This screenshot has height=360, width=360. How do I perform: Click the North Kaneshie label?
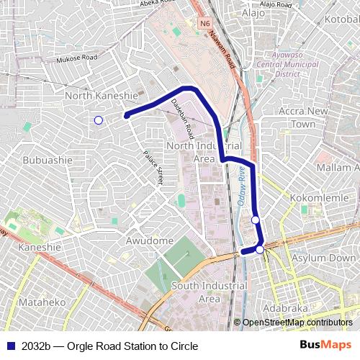pyautogui.click(x=102, y=95)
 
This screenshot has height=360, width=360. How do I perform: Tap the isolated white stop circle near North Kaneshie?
pyautogui.click(x=99, y=120)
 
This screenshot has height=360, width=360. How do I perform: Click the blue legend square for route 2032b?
pyautogui.click(x=10, y=346)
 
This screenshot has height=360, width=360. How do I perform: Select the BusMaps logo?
pyautogui.click(x=325, y=346)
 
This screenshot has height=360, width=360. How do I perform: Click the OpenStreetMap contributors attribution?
pyautogui.click(x=297, y=323)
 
